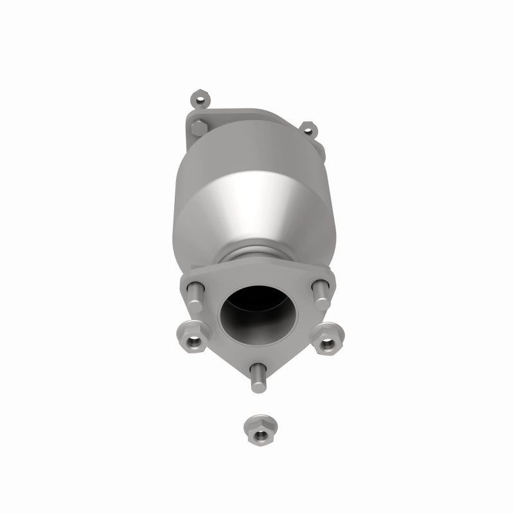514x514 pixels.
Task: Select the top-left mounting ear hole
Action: click(199, 100)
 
